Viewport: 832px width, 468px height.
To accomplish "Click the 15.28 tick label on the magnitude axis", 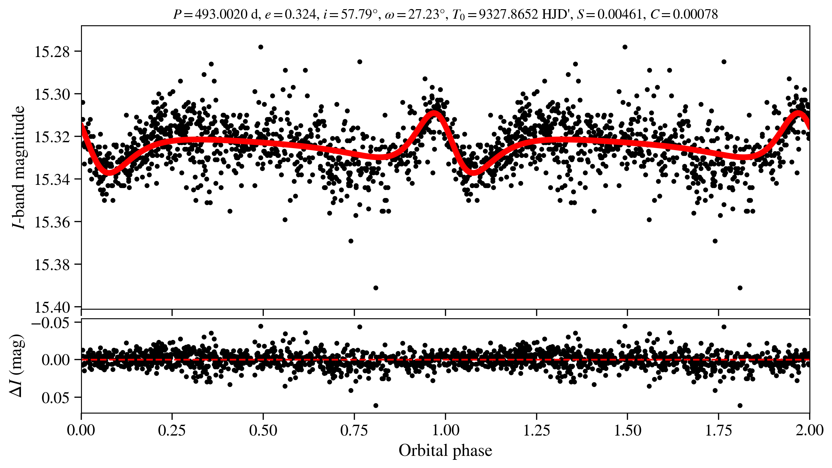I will pyautogui.click(x=52, y=52).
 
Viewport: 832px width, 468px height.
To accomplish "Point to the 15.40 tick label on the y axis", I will pyautogui.click(x=52, y=307).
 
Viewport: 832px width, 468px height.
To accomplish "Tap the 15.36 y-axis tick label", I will pyautogui.click(x=52, y=222).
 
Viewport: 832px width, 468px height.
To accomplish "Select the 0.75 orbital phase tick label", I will pyautogui.click(x=354, y=430).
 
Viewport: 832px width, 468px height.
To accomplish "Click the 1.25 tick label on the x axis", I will pyautogui.click(x=536, y=430).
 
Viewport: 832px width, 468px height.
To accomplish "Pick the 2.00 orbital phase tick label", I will pyautogui.click(x=809, y=430).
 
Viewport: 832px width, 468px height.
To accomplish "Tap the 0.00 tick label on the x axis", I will pyautogui.click(x=81, y=430).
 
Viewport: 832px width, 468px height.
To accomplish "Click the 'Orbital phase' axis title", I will pyautogui.click(x=445, y=451).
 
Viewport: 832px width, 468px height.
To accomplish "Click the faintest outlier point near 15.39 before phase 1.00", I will pyautogui.click(x=376, y=288).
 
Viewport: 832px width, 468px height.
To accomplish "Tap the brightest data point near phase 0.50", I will pyautogui.click(x=261, y=47).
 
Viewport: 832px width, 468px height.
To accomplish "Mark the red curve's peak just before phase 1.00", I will pyautogui.click(x=434, y=113).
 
